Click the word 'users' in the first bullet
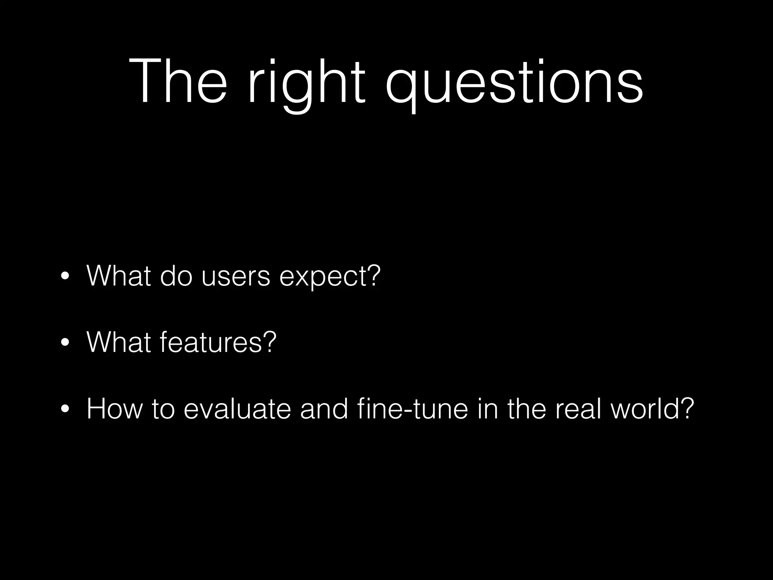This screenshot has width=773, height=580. [x=236, y=276]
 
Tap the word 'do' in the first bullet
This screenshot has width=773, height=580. [x=176, y=276]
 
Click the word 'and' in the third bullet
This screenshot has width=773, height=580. [x=324, y=409]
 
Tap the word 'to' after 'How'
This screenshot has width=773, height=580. [x=163, y=409]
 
